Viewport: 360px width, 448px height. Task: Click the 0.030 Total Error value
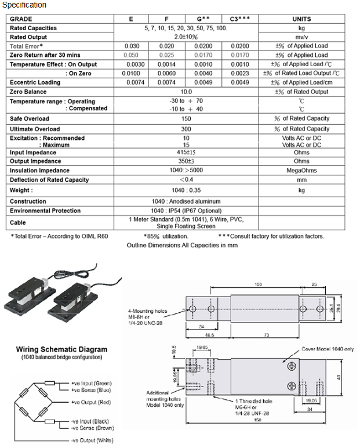coord(133,46)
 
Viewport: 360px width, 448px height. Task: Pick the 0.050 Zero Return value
coord(133,55)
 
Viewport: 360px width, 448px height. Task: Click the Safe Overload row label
coord(30,119)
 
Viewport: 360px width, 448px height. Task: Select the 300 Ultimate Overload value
coord(186,129)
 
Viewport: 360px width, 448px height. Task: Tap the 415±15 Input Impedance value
coord(186,153)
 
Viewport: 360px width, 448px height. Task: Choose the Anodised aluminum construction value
coord(186,201)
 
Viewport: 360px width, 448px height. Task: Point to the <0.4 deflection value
coord(186,180)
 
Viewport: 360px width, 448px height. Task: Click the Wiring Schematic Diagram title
coord(61,349)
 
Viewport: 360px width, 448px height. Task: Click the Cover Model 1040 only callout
coord(328,350)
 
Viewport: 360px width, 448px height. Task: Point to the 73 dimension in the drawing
coord(267,335)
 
